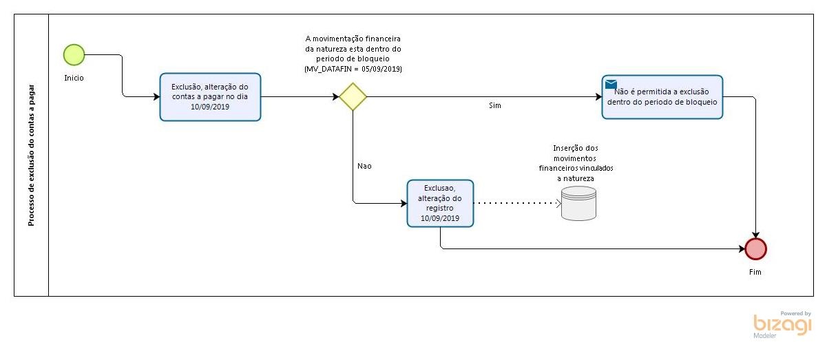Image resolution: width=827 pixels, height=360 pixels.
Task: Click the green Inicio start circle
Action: pos(74,54)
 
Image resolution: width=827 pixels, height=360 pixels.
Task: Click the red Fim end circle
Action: pos(755,248)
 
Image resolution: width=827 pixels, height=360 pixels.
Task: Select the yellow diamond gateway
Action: pos(353,96)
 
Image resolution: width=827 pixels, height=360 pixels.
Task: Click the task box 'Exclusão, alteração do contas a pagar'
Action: pos(210,97)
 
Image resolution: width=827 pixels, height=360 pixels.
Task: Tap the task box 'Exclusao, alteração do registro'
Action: pos(440,203)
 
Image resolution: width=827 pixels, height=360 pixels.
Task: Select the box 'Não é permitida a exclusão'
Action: pos(662,97)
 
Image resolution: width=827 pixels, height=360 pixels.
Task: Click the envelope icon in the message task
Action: pos(611,85)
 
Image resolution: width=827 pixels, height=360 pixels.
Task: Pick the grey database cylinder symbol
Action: pos(578,203)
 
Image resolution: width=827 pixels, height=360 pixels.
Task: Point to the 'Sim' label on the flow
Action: pos(494,105)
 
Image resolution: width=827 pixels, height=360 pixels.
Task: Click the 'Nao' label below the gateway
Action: pos(364,166)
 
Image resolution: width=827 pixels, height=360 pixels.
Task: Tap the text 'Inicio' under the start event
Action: pos(74,78)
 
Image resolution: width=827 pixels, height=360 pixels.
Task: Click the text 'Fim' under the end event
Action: pos(755,272)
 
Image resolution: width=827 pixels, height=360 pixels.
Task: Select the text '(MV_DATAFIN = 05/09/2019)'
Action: pos(353,70)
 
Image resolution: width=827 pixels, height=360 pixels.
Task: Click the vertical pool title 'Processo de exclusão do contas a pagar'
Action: pos(32,155)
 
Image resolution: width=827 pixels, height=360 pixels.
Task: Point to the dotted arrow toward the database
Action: pos(516,203)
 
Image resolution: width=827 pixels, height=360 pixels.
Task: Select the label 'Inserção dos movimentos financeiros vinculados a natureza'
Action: pos(576,163)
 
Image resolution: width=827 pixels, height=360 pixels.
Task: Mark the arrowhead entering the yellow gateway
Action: pos(335,96)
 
